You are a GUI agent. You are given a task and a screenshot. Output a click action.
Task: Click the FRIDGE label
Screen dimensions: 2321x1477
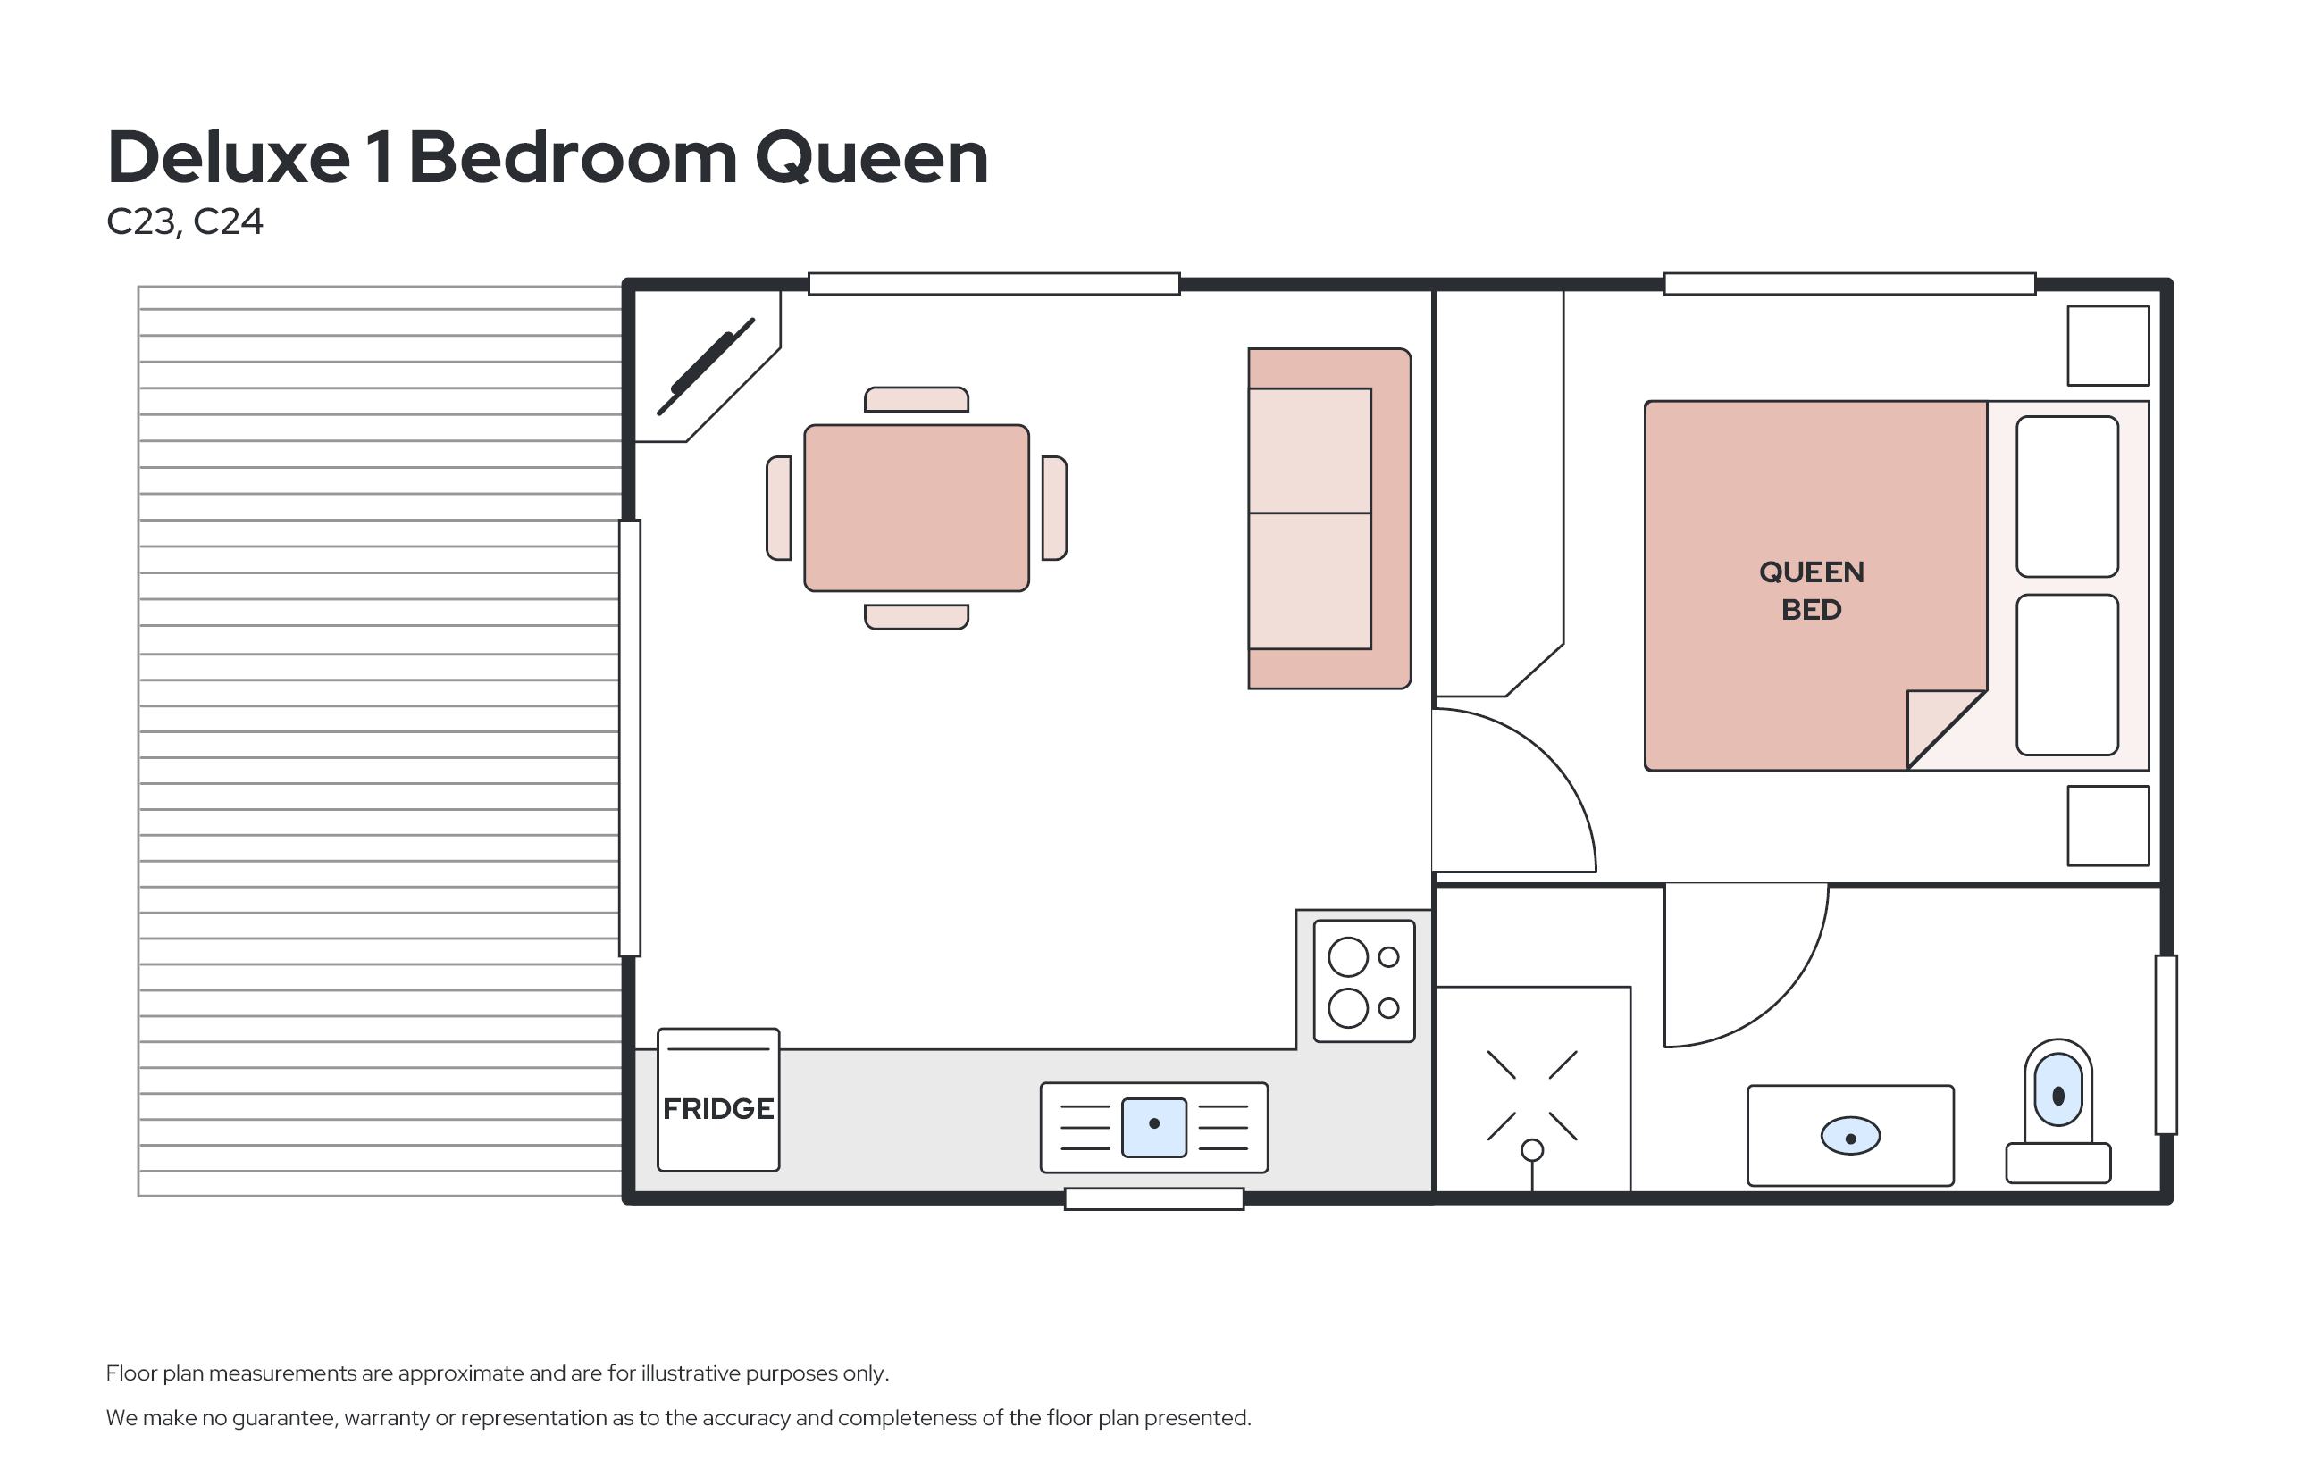click(718, 1109)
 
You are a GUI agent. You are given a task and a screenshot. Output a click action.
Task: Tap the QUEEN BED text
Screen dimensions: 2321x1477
click(1811, 590)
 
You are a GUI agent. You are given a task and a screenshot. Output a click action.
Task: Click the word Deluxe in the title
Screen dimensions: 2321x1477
click(229, 157)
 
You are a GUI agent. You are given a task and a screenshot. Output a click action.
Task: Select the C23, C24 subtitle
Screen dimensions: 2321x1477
click(184, 221)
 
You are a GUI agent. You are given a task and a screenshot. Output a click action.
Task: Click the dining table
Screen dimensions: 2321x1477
click(917, 508)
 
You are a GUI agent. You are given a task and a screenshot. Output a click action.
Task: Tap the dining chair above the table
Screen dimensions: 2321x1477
click(917, 399)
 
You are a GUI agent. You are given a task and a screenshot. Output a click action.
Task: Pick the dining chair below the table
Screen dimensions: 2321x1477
click(917, 617)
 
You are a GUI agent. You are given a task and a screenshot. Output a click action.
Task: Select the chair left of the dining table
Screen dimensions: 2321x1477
click(779, 508)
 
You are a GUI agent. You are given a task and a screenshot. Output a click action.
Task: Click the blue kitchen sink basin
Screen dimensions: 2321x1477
click(1153, 1126)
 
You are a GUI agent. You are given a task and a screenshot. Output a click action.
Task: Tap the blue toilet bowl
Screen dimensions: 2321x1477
click(2057, 1089)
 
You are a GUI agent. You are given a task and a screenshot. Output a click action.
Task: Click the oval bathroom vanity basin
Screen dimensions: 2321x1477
click(1850, 1136)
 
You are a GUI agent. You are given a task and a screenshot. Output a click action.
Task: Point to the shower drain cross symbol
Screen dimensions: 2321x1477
click(1531, 1096)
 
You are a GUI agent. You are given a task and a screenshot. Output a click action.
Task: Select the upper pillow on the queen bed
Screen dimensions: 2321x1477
click(2067, 497)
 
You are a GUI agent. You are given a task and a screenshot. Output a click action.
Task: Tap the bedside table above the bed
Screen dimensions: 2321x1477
click(2108, 346)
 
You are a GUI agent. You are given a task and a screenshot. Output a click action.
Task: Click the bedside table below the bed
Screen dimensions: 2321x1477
click(2108, 826)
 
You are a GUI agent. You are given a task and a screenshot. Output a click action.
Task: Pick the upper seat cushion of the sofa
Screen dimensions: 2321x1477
click(1309, 451)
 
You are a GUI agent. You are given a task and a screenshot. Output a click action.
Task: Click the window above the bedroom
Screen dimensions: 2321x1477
click(1849, 283)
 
